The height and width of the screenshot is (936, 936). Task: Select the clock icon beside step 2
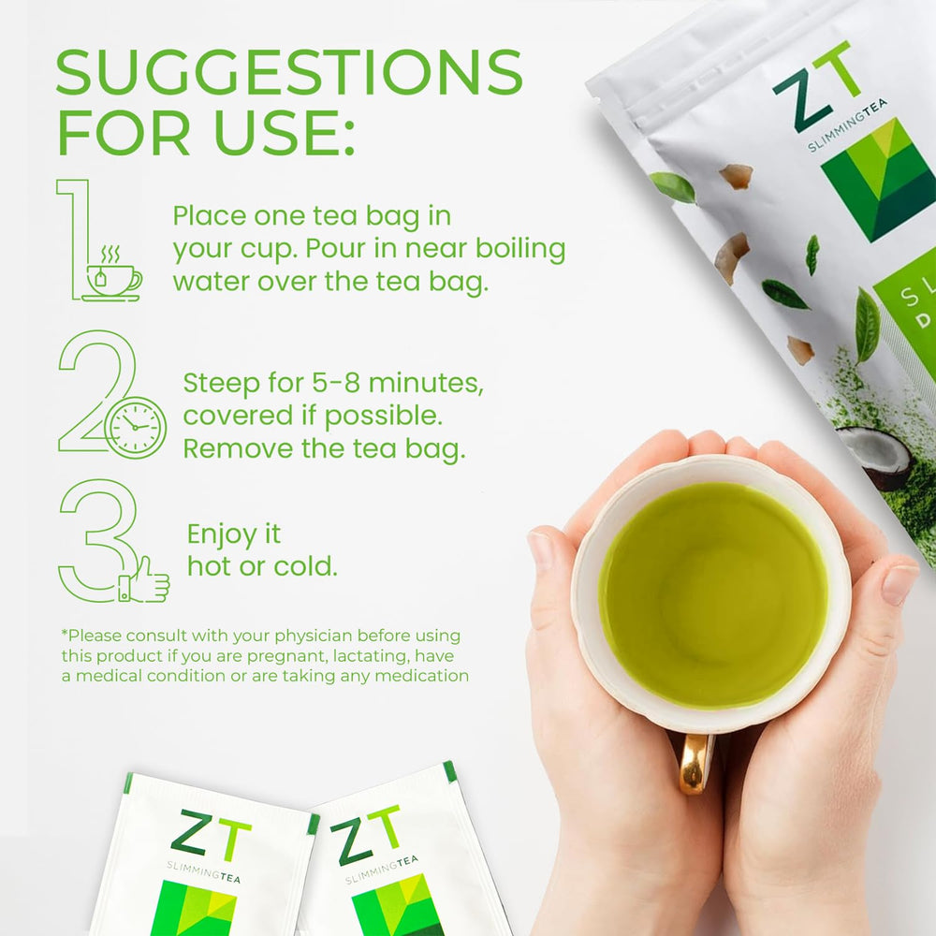[136, 427]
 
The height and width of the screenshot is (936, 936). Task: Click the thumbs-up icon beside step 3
[145, 580]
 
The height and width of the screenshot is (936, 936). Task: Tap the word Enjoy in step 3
[221, 534]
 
